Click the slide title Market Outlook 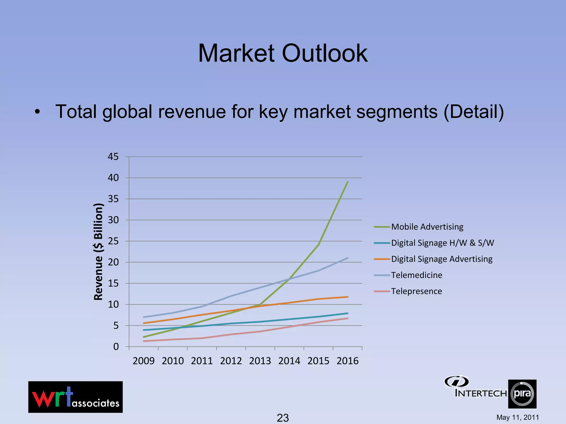[x=283, y=53]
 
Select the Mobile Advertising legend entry [x=427, y=227]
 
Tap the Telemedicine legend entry [x=416, y=275]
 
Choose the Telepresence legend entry [x=416, y=291]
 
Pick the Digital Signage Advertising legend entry [x=442, y=259]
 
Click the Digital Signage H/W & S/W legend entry [x=442, y=243]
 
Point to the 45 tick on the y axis [x=113, y=157]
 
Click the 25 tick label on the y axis [x=113, y=241]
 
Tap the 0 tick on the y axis [x=116, y=347]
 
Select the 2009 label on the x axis [x=143, y=361]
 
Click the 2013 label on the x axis [x=260, y=361]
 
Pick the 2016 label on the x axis [x=347, y=361]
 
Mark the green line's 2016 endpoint [x=347, y=182]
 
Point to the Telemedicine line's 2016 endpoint [x=347, y=258]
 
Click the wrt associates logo [x=75, y=397]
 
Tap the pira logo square [x=522, y=394]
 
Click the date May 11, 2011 [x=518, y=417]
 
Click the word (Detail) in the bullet [x=474, y=112]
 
